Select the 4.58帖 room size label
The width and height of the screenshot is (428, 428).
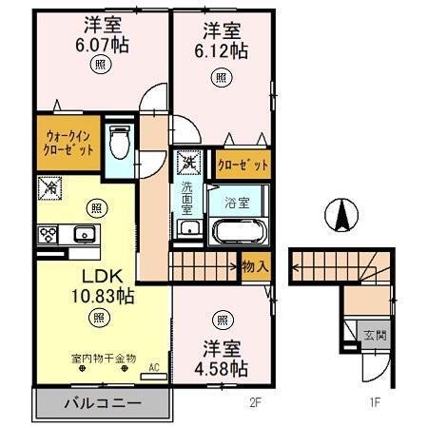point(222,367)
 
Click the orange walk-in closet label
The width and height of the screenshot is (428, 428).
point(68,143)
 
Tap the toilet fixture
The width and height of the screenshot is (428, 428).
point(119,144)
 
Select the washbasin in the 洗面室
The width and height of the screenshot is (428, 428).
point(188,227)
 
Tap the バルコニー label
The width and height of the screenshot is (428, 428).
point(103,403)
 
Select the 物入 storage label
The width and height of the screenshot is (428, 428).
point(255,265)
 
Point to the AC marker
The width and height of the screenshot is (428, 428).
point(153,363)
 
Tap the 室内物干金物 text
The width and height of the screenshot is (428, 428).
point(103,358)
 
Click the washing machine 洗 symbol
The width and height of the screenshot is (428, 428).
point(189,163)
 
